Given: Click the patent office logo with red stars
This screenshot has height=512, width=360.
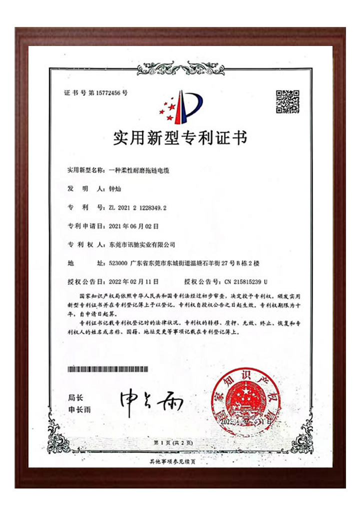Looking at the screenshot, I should point(180,106).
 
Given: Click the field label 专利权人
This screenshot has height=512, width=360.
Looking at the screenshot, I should point(83,244).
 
